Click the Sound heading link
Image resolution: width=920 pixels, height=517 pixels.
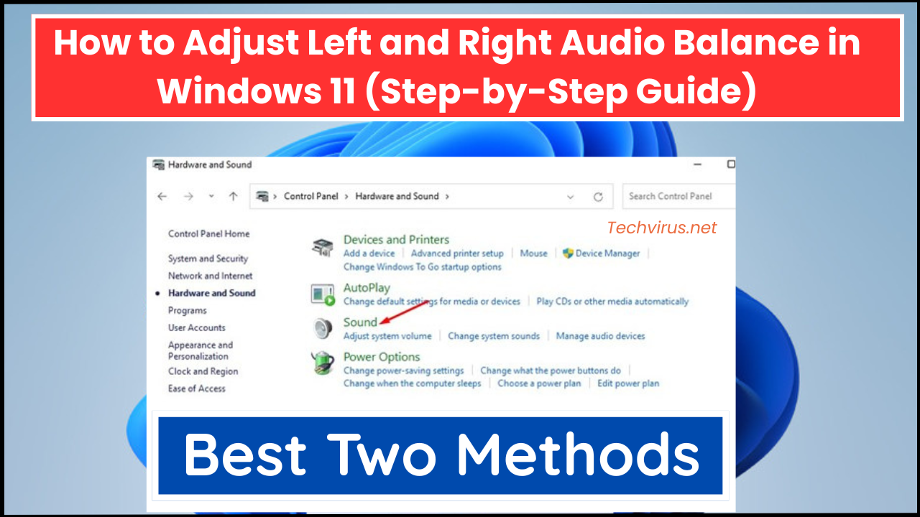pos(360,322)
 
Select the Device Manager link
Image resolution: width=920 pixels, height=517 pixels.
pos(607,253)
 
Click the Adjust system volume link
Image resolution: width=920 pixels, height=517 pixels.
pos(387,336)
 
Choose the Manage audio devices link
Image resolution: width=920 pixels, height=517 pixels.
pos(600,336)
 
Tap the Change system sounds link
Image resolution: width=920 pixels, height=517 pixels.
pos(493,336)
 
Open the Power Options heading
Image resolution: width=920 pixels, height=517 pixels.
pos(381,357)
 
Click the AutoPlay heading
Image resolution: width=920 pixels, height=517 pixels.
pos(367,288)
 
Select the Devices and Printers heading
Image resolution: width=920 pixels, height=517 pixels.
pos(396,240)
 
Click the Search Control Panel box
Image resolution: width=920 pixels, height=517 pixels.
pos(676,196)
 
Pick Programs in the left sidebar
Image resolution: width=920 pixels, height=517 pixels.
pos(187,311)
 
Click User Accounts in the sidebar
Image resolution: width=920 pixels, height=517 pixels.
pos(196,328)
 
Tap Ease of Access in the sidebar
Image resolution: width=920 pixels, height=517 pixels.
pos(196,388)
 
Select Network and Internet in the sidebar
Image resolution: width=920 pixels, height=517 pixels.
pos(210,276)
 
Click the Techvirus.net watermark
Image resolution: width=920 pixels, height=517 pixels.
pos(662,228)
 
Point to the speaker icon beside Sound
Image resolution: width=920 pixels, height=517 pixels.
pos(323,328)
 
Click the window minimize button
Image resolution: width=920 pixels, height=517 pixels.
pos(697,164)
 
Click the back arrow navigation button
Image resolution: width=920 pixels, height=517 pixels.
pos(162,196)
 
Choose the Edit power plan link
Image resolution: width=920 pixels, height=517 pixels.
pos(628,383)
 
